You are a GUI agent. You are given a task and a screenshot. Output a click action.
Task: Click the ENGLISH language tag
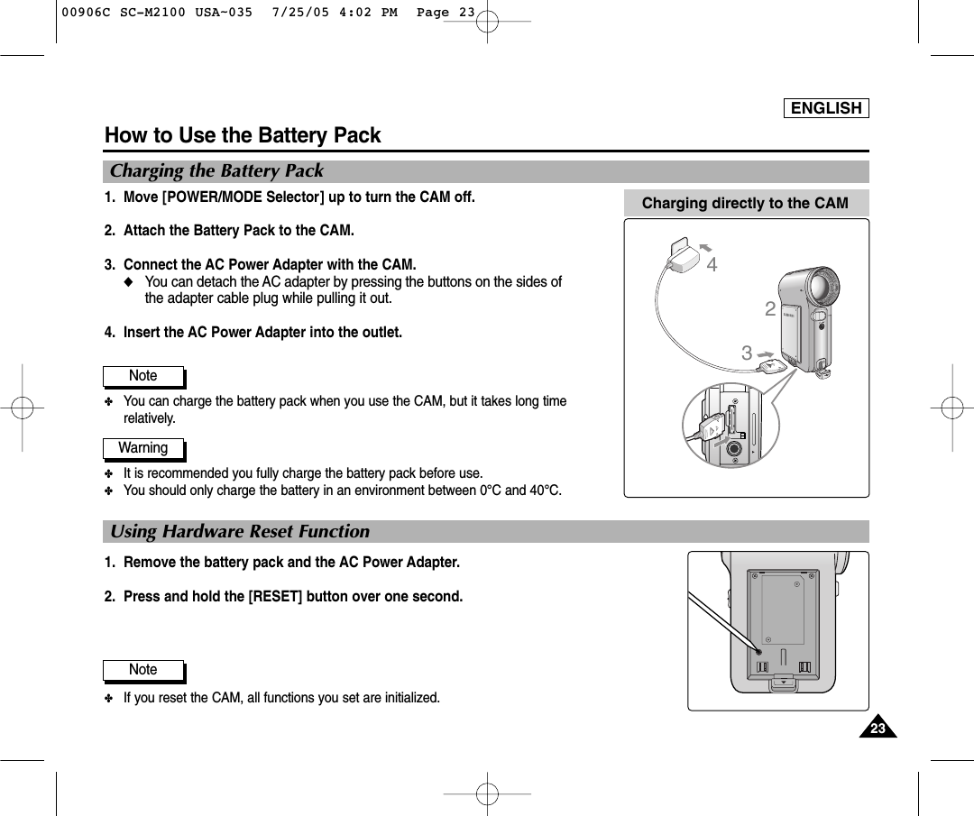tap(826, 108)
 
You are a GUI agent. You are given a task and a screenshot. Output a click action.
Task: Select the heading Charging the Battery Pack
tap(216, 171)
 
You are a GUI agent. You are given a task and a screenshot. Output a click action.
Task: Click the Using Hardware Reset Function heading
tap(240, 532)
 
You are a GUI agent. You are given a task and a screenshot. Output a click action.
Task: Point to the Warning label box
tap(143, 448)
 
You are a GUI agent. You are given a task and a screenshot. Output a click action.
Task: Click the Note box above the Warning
tap(143, 376)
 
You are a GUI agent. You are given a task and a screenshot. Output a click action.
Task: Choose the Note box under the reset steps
tap(143, 670)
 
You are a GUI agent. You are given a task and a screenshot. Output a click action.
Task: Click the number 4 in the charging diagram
tap(712, 265)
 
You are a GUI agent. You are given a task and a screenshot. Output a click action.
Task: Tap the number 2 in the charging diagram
tap(769, 310)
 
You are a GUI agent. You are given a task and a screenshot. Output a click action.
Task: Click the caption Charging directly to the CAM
tap(745, 203)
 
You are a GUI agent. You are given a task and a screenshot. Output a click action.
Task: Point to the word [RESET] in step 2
tap(276, 597)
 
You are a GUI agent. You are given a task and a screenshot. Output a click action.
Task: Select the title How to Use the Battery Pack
tap(243, 136)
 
